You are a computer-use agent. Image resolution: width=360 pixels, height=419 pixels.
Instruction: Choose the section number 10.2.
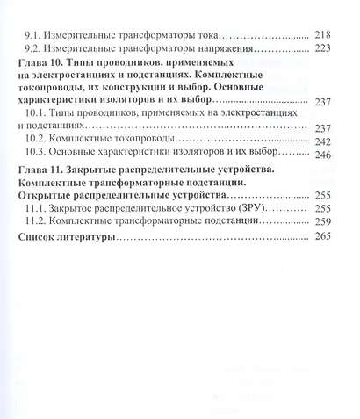point(35,141)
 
